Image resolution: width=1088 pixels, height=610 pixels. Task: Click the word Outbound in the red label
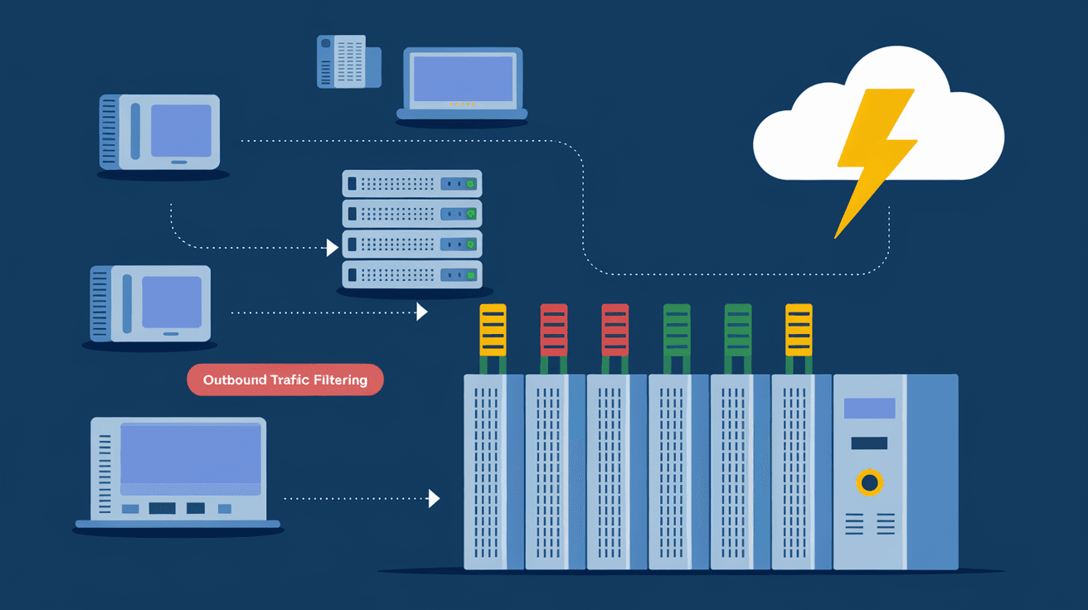[x=235, y=380]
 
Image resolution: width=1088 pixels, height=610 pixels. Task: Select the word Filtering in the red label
[x=340, y=380]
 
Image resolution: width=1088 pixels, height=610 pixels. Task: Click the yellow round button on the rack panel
[x=869, y=482]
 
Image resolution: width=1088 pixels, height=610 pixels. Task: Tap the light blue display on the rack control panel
[x=869, y=408]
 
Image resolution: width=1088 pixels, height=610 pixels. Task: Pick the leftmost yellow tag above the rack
[x=493, y=330]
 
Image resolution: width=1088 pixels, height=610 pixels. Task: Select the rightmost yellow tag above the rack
[x=799, y=330]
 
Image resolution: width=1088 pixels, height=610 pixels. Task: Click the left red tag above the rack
[x=554, y=330]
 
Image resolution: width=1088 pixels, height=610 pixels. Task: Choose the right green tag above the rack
[x=737, y=330]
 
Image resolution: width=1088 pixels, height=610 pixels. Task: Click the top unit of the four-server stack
[x=412, y=183]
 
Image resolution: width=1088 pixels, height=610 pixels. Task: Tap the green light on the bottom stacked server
[x=471, y=274]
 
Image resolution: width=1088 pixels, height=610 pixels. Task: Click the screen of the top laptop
[x=462, y=79]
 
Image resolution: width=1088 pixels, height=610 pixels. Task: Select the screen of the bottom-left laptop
[x=191, y=454]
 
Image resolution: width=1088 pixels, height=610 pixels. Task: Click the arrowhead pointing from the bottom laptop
[x=434, y=498]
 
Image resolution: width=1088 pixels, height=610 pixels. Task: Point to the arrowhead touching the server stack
[x=333, y=247]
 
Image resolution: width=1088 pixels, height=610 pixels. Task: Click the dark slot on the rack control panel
[x=869, y=443]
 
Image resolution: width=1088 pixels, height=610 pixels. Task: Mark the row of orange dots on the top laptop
[x=462, y=104]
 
